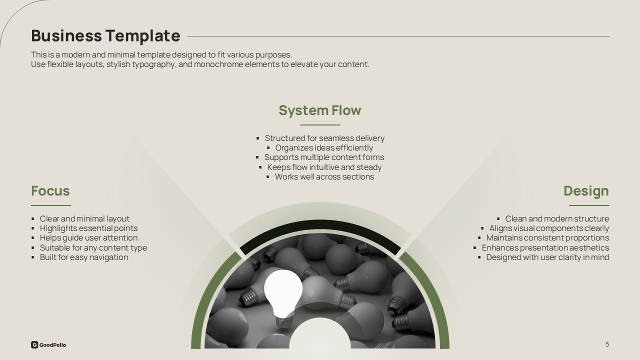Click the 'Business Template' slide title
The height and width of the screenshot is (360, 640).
point(105,35)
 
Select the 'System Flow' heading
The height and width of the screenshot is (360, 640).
point(319,110)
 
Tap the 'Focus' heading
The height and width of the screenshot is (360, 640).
point(50,190)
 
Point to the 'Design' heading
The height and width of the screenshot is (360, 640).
point(586,191)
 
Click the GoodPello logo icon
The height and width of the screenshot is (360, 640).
point(34,344)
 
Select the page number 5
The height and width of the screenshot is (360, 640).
point(607,344)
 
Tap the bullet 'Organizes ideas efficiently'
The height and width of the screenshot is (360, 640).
point(324,147)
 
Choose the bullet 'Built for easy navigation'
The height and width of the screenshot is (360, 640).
point(84,257)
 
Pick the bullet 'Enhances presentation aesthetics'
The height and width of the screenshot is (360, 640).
point(545,247)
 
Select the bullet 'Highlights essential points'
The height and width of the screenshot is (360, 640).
point(88,228)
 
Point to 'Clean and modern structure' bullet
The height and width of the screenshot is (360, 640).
point(557,218)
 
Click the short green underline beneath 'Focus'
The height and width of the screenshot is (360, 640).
point(51,205)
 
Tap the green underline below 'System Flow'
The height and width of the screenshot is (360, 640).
point(320,125)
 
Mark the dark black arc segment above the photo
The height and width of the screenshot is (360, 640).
point(320,224)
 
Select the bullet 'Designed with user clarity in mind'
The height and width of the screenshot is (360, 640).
point(547,257)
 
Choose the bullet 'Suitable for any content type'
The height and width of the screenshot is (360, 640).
point(93,247)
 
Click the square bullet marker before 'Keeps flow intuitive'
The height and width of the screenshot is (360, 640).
point(260,167)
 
